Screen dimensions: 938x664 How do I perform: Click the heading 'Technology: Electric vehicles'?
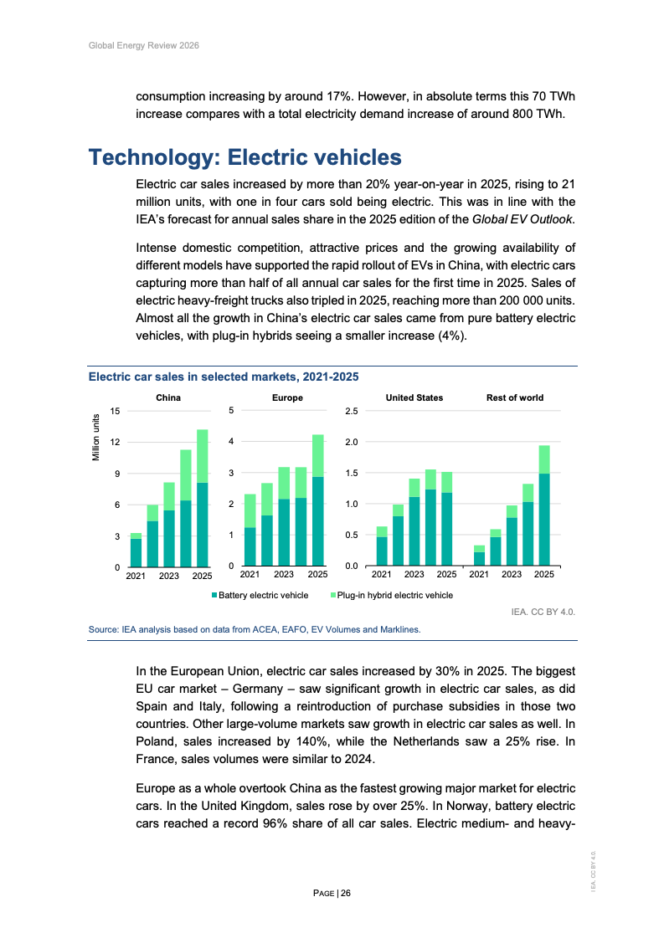tap(245, 157)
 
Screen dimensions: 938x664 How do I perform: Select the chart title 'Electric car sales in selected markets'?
tap(224, 377)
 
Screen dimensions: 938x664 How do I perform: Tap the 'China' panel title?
tap(168, 397)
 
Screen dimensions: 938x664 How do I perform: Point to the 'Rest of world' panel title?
tap(515, 397)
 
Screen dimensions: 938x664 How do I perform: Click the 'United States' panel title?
tap(414, 397)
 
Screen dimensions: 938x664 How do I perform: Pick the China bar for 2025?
tap(202, 499)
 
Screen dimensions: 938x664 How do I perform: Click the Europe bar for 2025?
tap(317, 500)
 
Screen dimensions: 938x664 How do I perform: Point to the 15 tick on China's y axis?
tap(115, 410)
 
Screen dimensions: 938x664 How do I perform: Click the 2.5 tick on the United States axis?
tap(352, 411)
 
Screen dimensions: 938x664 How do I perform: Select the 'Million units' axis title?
tap(96, 438)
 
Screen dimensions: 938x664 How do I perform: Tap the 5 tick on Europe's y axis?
tap(231, 410)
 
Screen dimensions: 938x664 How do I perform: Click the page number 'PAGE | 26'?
tap(332, 894)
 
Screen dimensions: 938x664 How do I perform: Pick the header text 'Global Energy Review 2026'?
tap(143, 44)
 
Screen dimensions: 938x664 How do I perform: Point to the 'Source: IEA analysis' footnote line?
tap(255, 629)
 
